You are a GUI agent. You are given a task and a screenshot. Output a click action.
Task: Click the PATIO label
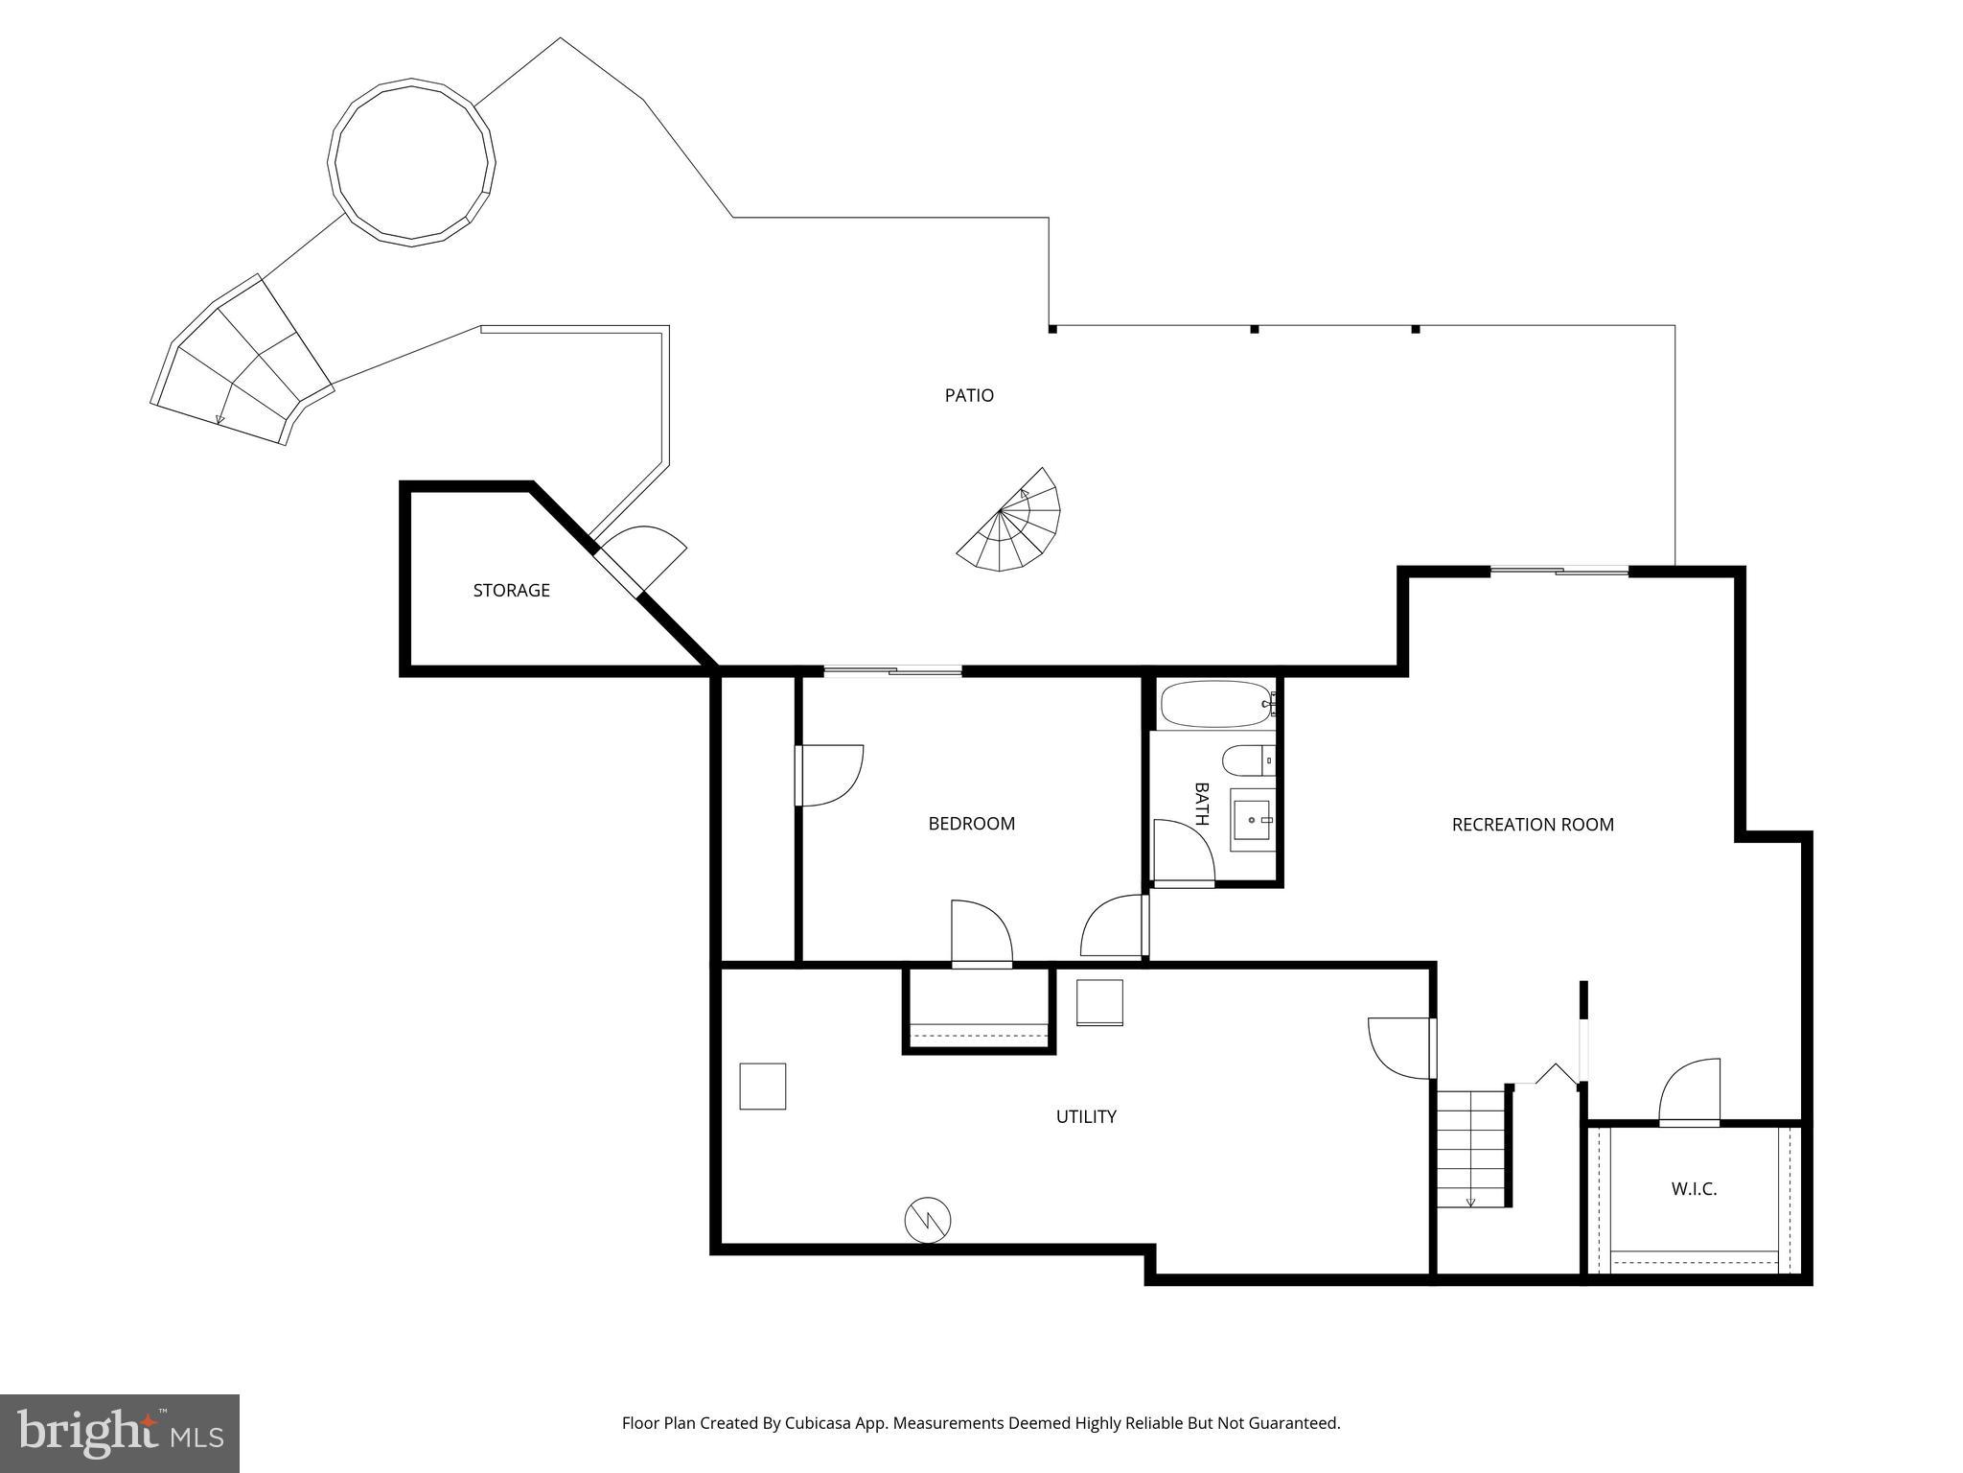coord(969,395)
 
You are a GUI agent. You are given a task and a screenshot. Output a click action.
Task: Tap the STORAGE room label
coord(511,591)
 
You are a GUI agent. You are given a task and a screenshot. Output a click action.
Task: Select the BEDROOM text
coord(971,824)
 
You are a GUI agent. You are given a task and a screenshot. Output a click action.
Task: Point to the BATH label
coord(1201,804)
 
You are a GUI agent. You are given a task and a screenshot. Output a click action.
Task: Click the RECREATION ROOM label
coord(1532,825)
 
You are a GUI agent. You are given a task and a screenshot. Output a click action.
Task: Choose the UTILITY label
coord(1085,1116)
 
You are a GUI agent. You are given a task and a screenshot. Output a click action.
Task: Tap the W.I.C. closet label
coord(1693,1189)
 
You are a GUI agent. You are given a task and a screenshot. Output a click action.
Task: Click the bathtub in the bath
coord(1215,705)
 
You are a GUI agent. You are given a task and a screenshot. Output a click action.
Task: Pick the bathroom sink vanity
coord(1252,820)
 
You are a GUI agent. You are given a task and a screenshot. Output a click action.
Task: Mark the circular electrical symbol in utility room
coord(928,1221)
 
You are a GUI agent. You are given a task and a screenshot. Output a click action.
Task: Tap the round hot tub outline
coord(412,162)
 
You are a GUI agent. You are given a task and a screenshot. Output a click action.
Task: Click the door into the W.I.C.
coord(1689,1093)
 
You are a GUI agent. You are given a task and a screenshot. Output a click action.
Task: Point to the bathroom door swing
coord(1183,852)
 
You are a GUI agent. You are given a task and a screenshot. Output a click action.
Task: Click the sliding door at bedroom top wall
coord(892,671)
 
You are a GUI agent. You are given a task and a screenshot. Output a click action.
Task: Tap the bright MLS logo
coord(119,1433)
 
